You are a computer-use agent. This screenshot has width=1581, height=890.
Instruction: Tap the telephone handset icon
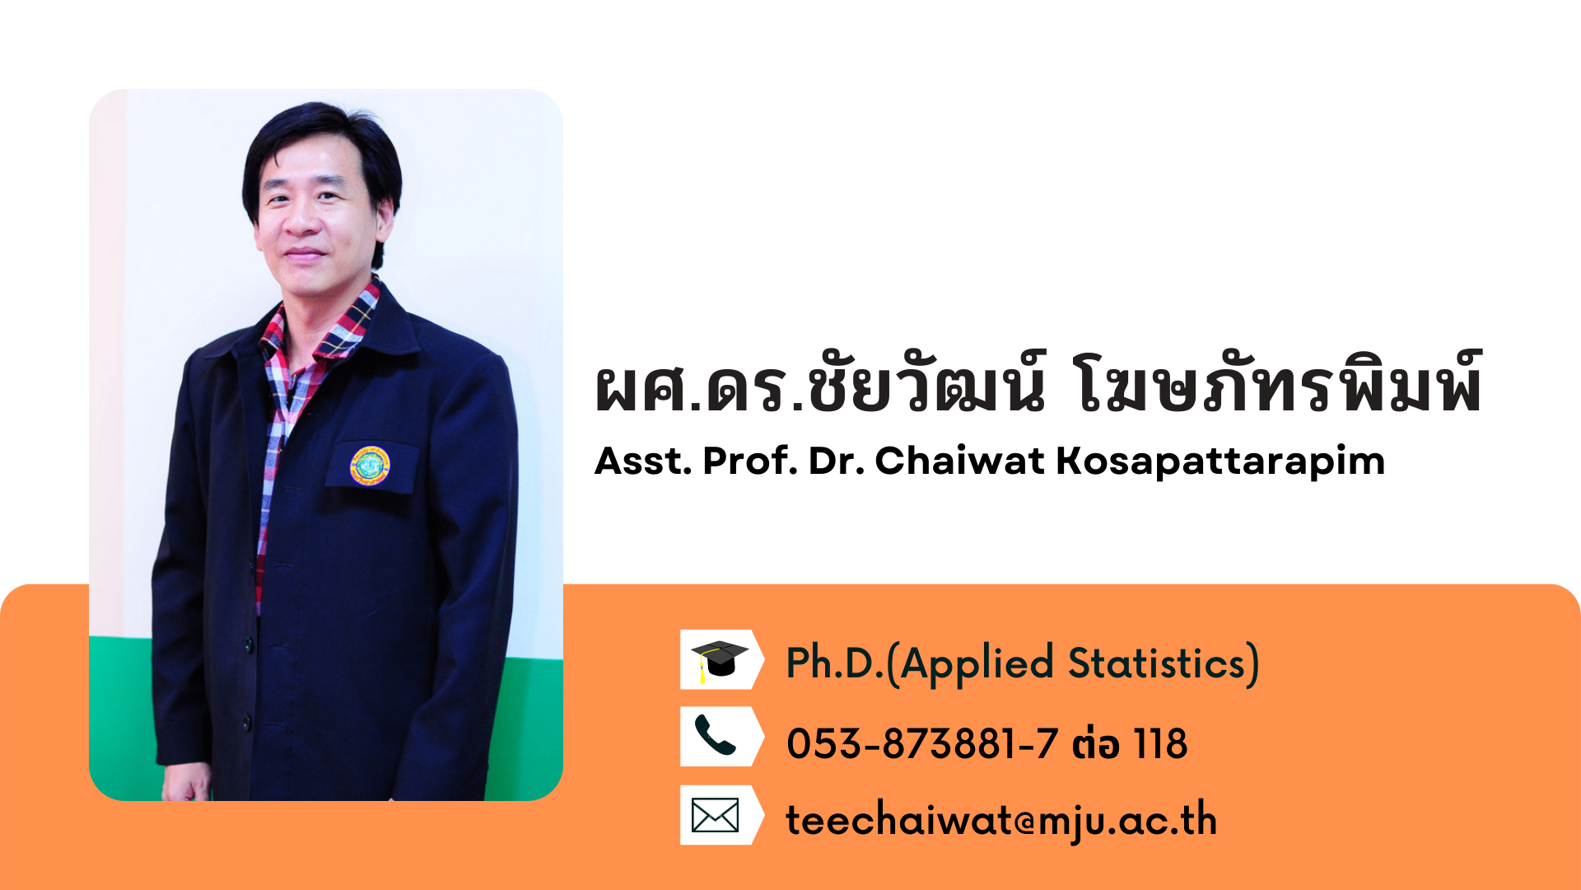(x=715, y=735)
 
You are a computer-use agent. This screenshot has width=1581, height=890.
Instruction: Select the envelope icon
(x=715, y=815)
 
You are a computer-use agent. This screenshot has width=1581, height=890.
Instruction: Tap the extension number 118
(x=1161, y=744)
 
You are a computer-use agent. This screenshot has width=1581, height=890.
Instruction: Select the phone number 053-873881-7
(x=922, y=744)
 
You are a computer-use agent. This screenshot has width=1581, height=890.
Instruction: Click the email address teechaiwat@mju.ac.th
(x=1001, y=820)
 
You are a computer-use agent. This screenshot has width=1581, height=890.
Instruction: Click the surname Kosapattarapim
(x=1220, y=461)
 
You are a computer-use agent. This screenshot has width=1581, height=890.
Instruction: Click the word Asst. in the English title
(x=643, y=461)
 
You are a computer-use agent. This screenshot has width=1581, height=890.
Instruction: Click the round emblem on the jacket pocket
(x=370, y=466)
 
